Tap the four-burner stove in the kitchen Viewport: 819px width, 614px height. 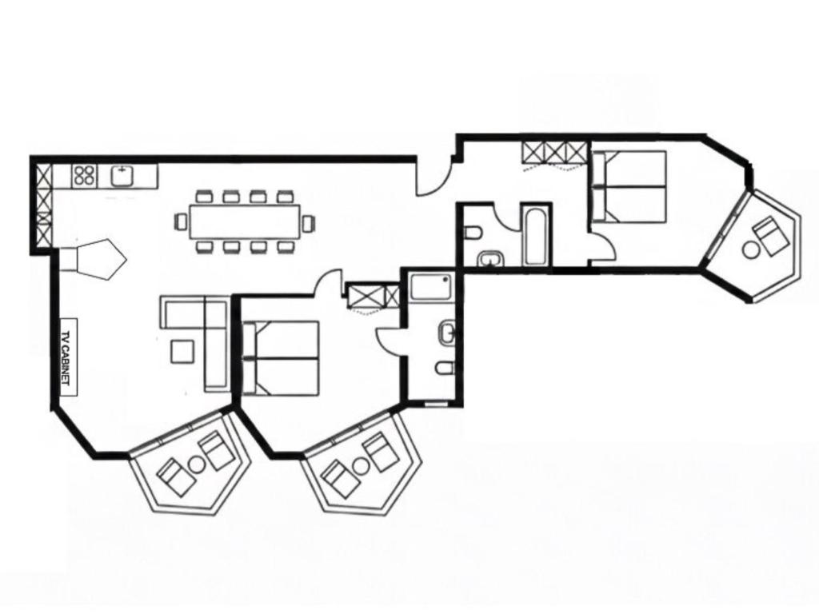click(85, 175)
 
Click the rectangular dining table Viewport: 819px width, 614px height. click(245, 221)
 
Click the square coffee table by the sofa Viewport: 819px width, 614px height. click(183, 351)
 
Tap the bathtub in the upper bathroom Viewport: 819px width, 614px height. click(535, 236)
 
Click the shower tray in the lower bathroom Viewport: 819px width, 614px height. click(429, 288)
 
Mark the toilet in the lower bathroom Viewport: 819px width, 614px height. click(445, 369)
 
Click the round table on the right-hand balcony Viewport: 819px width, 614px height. click(751, 249)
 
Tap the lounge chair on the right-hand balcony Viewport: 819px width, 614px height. click(770, 236)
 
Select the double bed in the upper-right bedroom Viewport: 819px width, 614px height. click(629, 185)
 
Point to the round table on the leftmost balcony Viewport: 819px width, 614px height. click(198, 464)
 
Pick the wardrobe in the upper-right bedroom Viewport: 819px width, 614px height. click(553, 153)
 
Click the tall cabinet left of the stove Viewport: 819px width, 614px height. click(44, 205)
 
